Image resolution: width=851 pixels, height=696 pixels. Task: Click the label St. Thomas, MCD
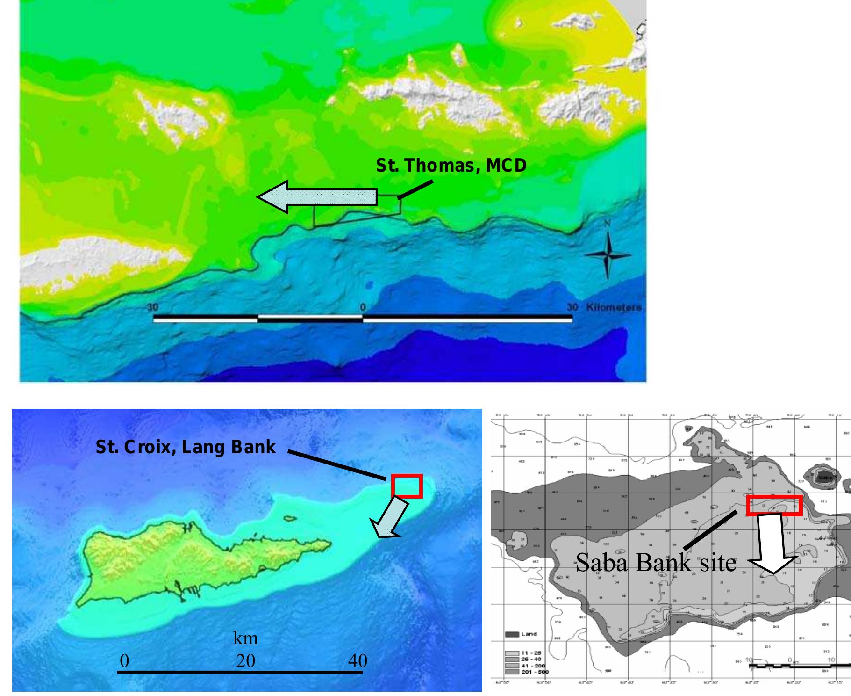tap(451, 166)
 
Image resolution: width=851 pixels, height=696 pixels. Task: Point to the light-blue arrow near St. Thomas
tap(318, 197)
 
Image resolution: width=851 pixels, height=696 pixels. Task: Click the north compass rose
tap(607, 254)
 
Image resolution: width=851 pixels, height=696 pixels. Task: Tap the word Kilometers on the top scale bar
tap(613, 307)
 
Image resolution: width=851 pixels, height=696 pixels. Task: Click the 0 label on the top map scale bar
tap(363, 307)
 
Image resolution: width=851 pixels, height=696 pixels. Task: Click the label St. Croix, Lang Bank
tap(186, 447)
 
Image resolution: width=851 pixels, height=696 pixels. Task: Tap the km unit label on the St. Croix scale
tap(245, 638)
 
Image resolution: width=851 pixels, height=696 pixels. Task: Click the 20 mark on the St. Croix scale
tap(246, 660)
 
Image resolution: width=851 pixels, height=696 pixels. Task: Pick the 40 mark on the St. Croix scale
tap(358, 660)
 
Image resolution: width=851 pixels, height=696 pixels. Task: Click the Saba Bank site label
tap(656, 562)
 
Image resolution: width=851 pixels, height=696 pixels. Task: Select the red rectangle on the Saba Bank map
tap(774, 505)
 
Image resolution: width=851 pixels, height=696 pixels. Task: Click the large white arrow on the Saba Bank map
tap(772, 543)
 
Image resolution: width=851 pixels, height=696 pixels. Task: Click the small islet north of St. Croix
tap(290, 518)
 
